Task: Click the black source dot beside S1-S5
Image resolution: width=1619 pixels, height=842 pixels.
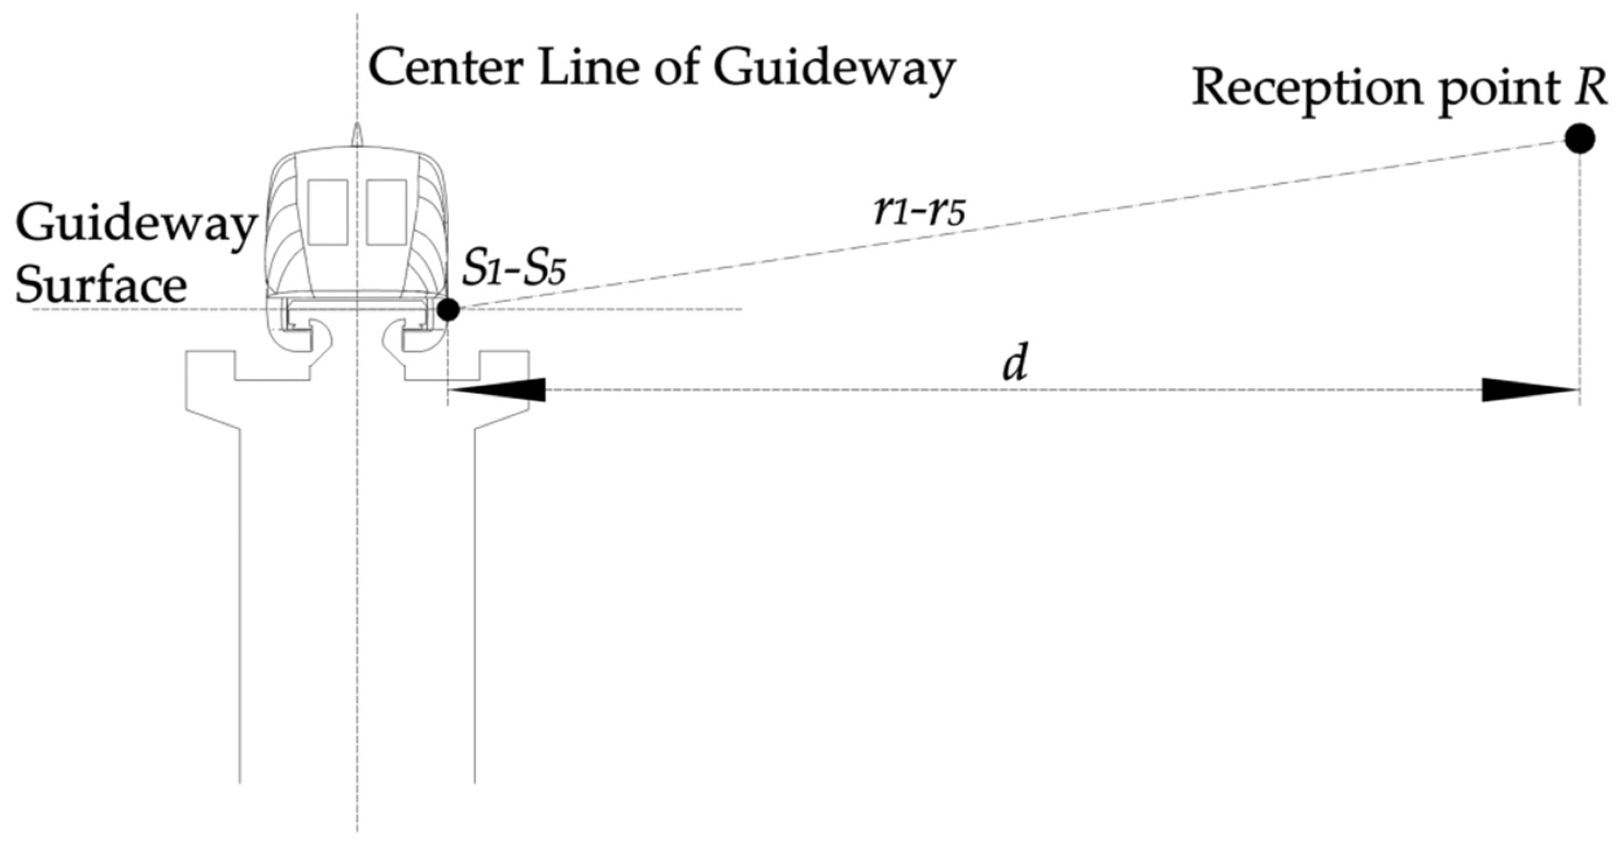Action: [448, 309]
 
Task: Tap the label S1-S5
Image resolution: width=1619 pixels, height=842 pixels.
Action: [514, 270]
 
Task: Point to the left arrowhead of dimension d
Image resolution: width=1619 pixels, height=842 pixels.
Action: [496, 390]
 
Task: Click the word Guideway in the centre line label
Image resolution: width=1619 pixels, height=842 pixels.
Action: [833, 71]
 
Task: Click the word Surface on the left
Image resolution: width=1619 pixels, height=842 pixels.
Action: [100, 286]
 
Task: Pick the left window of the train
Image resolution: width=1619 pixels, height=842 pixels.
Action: [328, 212]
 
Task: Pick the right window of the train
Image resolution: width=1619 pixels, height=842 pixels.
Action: [386, 212]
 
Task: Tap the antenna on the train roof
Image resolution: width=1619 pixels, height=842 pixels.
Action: [357, 135]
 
